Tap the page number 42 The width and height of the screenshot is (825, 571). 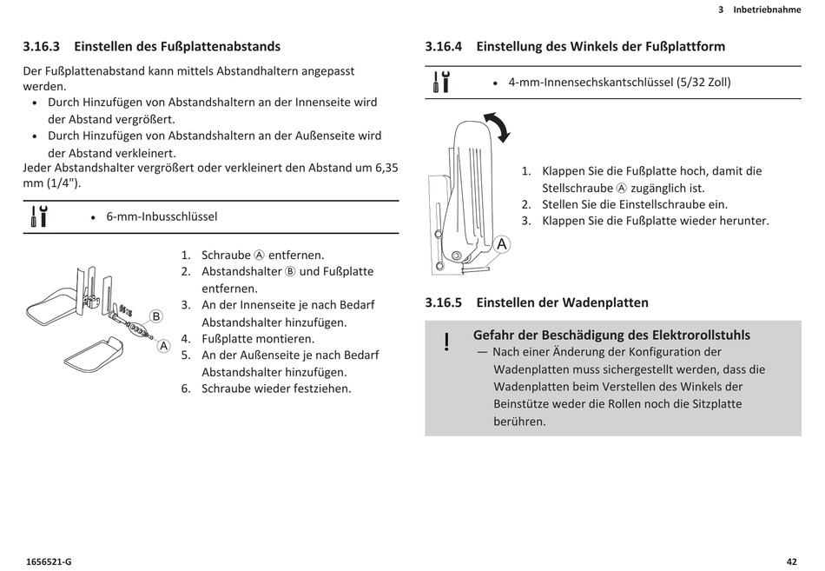[x=791, y=561]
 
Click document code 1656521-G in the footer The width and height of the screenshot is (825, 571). [x=49, y=561]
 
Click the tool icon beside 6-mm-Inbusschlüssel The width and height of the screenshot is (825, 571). [x=38, y=216]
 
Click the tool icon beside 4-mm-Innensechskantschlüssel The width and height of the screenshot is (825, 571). [x=441, y=83]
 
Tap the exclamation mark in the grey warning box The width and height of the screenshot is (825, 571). [x=446, y=342]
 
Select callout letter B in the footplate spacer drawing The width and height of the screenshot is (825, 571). [x=156, y=316]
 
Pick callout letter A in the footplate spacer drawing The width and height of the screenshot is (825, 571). [x=163, y=345]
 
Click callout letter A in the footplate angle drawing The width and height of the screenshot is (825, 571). [x=502, y=245]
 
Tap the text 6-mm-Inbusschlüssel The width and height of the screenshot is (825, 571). [x=162, y=216]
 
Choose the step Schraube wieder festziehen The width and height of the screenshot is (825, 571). [x=276, y=388]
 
